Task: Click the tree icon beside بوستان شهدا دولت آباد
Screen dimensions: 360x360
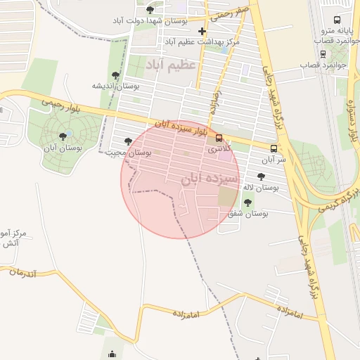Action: click(x=150, y=10)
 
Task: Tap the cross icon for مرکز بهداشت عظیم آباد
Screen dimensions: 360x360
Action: click(x=203, y=31)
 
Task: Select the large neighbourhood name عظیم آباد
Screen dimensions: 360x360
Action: click(x=173, y=65)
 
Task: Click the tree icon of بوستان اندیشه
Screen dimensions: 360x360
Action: click(x=115, y=75)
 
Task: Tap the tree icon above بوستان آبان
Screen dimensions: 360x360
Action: click(x=63, y=136)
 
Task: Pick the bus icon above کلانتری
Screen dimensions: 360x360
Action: click(x=219, y=138)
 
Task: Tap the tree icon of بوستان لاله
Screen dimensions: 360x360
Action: click(x=262, y=176)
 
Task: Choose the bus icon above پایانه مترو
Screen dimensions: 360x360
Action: click(x=337, y=20)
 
